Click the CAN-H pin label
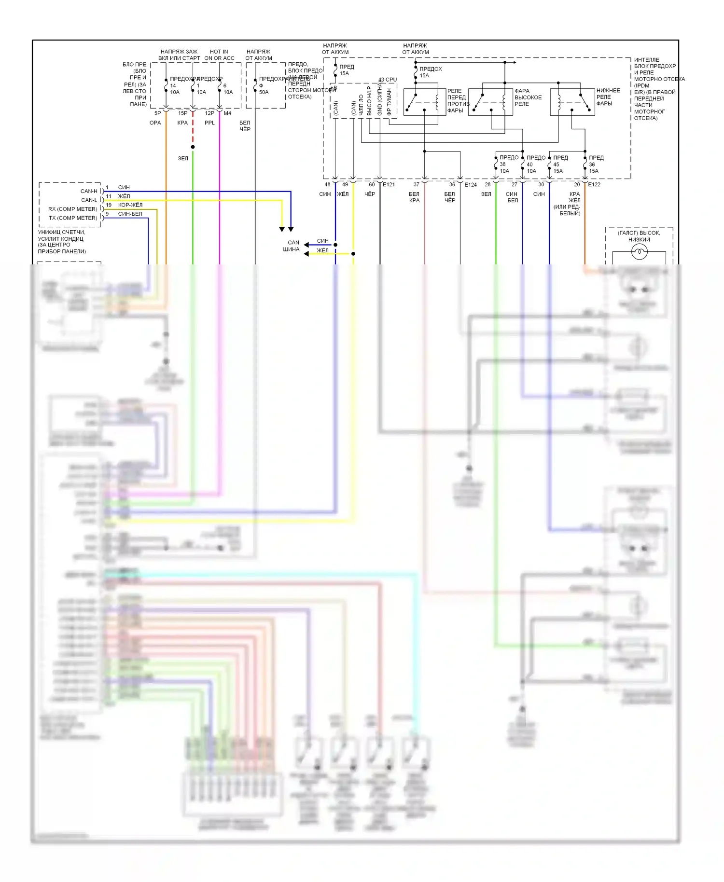pos(89,191)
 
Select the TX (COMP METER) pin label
pos(73,218)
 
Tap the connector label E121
pos(389,185)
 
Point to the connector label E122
pos(594,185)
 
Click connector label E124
pos(471,185)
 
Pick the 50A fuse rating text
pos(264,92)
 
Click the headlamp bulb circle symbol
pos(639,251)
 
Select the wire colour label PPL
pos(209,123)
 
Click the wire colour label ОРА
pos(155,123)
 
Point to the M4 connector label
pos(227,113)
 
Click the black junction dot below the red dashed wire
pos(193,147)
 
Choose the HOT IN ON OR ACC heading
pos(219,55)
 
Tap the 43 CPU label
pos(388,80)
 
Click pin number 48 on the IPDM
pos(327,185)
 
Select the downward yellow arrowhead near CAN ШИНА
pos(282,229)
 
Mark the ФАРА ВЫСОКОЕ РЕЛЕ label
pos(528,97)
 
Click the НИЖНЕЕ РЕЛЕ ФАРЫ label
pos(608,97)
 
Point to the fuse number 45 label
pos(556,165)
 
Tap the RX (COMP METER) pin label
pos(72,209)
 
